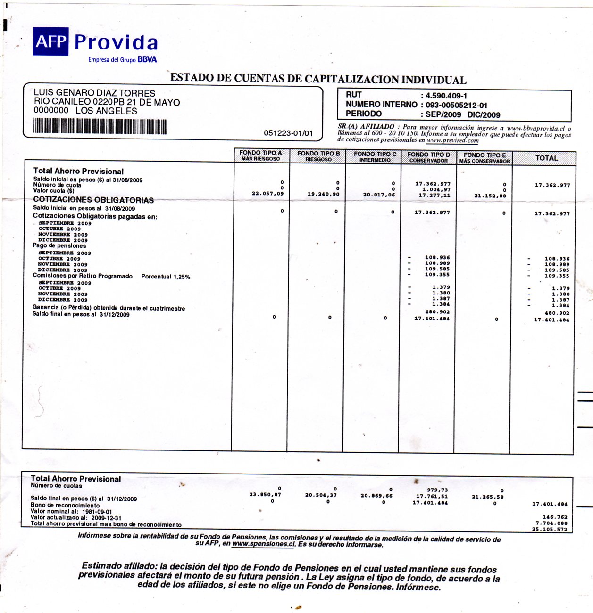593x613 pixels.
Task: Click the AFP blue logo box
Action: [x=50, y=41]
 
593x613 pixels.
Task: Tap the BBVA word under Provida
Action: [x=147, y=60]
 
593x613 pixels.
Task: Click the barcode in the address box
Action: [x=100, y=126]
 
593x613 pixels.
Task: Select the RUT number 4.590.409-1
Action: [x=446, y=95]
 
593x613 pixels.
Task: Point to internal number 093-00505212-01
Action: [x=456, y=105]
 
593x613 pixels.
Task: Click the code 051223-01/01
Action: [x=288, y=133]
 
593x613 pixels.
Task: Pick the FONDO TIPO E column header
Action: [x=484, y=157]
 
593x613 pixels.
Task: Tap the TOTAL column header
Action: [x=546, y=158]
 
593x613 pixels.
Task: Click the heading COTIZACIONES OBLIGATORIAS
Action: [x=93, y=200]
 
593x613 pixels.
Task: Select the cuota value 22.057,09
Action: [x=267, y=194]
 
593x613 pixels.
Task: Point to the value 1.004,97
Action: [x=436, y=189]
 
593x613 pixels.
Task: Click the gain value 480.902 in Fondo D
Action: [x=437, y=312]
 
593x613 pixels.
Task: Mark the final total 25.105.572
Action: [x=550, y=530]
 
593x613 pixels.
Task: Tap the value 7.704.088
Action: [x=551, y=523]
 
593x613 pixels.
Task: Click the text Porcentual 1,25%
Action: [x=166, y=277]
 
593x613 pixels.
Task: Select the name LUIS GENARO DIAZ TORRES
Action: [x=94, y=93]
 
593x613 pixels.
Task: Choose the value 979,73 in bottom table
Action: [x=437, y=490]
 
